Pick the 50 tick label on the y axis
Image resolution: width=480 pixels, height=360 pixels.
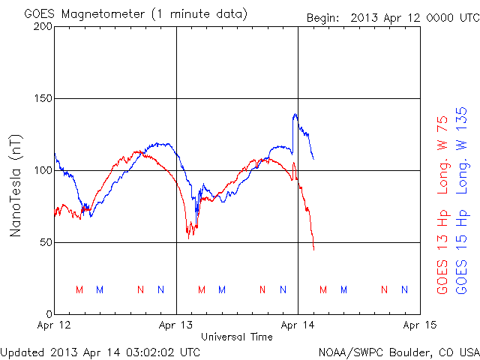point(44,242)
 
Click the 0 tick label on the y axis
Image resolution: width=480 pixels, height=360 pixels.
point(47,313)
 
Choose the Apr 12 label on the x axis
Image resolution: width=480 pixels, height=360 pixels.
point(55,326)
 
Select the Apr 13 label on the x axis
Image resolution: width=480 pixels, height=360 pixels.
point(176,326)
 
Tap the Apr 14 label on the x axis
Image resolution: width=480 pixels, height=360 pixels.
point(298,326)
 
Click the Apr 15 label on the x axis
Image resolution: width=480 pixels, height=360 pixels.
point(419,326)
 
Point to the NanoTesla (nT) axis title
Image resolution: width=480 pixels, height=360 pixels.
point(16,185)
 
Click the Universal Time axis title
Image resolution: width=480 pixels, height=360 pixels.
point(237,337)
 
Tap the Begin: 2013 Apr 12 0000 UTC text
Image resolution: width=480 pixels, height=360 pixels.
point(392,16)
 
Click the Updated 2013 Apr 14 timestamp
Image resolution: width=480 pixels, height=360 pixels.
point(100,351)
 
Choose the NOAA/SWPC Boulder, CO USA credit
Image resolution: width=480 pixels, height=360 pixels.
point(397,351)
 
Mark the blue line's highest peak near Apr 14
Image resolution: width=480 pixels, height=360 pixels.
point(295,114)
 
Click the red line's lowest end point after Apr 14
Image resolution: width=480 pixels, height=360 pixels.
point(314,249)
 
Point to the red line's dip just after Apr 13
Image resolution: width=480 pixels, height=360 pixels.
point(190,235)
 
